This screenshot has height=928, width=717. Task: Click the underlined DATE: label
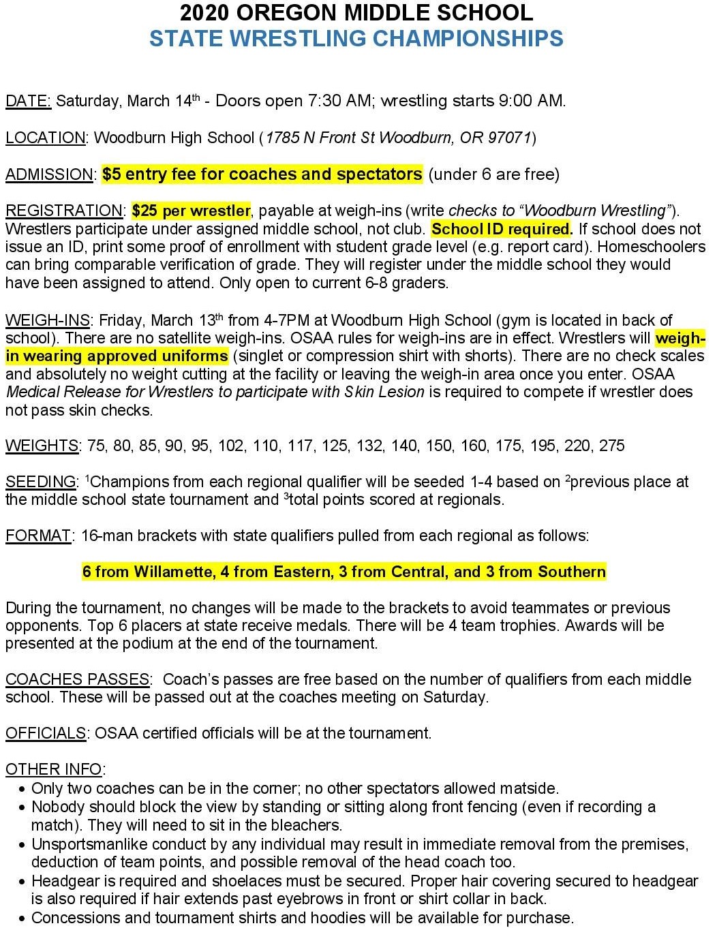[28, 102]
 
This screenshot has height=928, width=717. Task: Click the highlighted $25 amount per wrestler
[144, 211]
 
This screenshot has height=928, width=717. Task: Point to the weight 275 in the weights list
[611, 446]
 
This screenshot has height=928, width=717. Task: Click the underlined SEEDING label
[41, 482]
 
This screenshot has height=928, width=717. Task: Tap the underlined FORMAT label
[37, 536]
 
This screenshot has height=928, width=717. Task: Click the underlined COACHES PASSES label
[77, 679]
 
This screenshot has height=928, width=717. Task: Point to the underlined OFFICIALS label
[46, 733]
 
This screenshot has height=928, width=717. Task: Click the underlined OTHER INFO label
[54, 769]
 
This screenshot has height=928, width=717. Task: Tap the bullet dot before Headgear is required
[22, 882]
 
